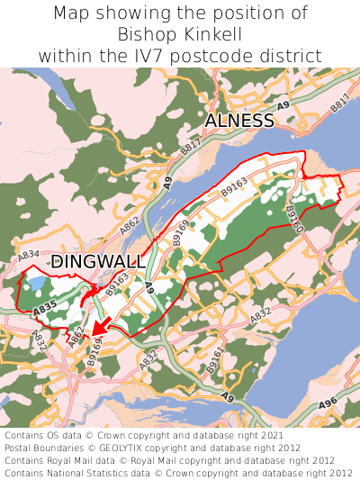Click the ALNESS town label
[238, 121]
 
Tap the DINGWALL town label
[98, 261]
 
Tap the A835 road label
[44, 309]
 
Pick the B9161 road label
[214, 360]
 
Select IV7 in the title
[172, 55]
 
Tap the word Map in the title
[75, 14]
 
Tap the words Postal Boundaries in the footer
[45, 447]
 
